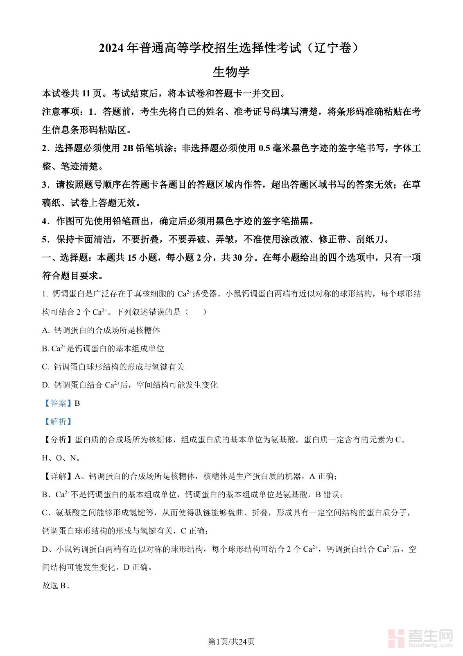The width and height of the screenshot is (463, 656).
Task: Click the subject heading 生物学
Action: pyautogui.click(x=231, y=72)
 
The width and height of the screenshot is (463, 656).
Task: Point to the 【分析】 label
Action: pyautogui.click(x=58, y=440)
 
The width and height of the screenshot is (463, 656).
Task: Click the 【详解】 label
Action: pyautogui.click(x=58, y=476)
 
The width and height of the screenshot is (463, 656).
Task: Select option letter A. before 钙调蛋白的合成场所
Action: pyautogui.click(x=46, y=330)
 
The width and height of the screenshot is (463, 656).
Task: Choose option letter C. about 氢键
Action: pyautogui.click(x=46, y=367)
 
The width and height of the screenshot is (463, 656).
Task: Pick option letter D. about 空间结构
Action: pyautogui.click(x=46, y=385)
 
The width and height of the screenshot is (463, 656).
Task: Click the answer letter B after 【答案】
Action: pyautogui.click(x=77, y=403)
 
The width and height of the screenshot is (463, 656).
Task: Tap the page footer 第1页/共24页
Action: pyautogui.click(x=231, y=642)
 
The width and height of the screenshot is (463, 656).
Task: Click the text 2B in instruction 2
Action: pyautogui.click(x=128, y=148)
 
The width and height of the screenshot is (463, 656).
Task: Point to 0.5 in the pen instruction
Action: pyautogui.click(x=264, y=148)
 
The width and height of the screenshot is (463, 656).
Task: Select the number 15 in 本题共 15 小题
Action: pyautogui.click(x=132, y=258)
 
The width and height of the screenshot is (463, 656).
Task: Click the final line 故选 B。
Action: pyautogui.click(x=56, y=586)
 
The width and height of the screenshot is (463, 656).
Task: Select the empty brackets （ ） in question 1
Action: pyautogui.click(x=196, y=312)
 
